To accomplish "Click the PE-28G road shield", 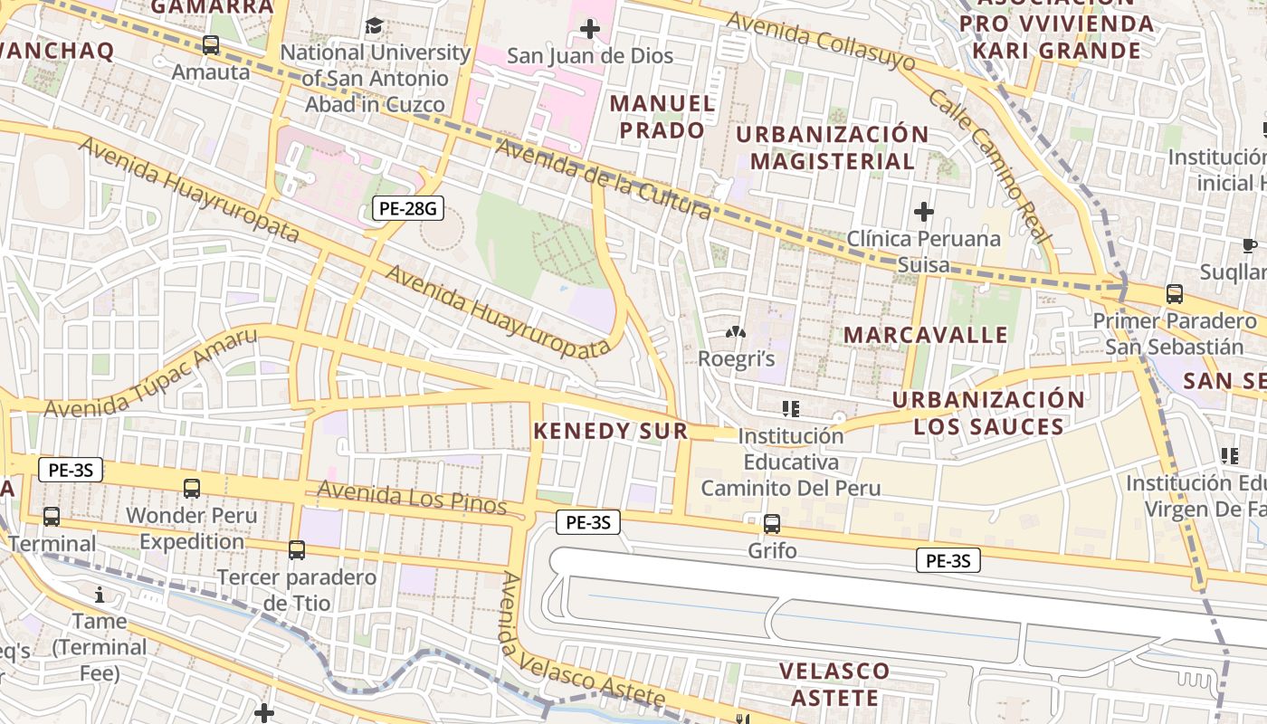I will [x=408, y=209].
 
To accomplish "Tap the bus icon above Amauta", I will [x=211, y=44].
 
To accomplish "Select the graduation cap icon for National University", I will [x=374, y=25].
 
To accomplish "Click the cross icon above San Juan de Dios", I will [x=590, y=29].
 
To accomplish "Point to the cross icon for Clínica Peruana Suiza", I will [x=923, y=213].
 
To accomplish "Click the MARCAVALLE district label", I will [x=926, y=335].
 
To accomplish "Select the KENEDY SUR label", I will [x=611, y=431].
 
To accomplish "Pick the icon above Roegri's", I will [x=735, y=332].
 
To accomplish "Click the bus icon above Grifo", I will [x=772, y=523].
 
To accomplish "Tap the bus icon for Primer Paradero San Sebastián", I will [x=1174, y=293].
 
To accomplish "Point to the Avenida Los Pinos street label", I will [x=412, y=498].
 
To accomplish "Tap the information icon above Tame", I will [x=100, y=595].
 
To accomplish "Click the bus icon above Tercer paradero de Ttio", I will [x=297, y=549].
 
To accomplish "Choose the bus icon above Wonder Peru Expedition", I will [x=192, y=489].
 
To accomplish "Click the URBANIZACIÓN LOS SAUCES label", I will [x=988, y=413].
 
